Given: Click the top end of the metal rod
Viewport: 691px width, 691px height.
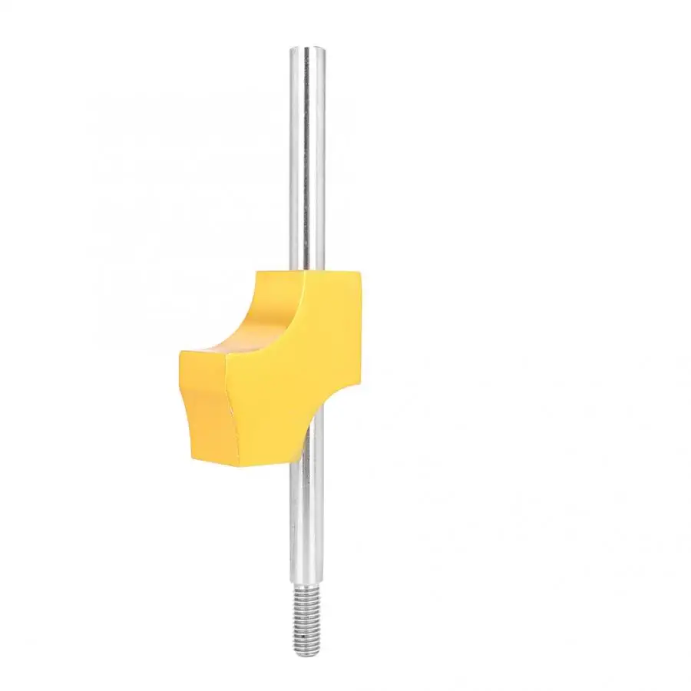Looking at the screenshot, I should [x=307, y=50].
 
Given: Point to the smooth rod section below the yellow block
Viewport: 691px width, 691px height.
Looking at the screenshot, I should [x=307, y=522].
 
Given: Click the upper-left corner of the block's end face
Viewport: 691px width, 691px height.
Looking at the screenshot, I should [x=181, y=354].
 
